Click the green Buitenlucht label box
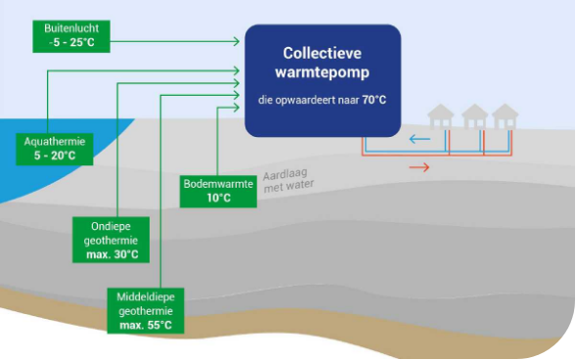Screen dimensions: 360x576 [68, 36]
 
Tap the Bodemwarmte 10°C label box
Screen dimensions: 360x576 [219, 191]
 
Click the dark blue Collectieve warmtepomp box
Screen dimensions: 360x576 [322, 80]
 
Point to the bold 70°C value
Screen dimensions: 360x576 [375, 100]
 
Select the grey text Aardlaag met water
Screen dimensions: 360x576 [288, 179]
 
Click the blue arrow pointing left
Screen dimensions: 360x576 [420, 139]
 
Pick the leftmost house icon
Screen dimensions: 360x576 [441, 117]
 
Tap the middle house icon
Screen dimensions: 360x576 [474, 117]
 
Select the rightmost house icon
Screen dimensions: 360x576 [505, 117]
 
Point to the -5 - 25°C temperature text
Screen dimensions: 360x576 [68, 43]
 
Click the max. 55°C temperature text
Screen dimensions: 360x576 [146, 324]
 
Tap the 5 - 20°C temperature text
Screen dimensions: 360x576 [55, 156]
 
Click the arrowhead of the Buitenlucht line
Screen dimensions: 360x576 [236, 41]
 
